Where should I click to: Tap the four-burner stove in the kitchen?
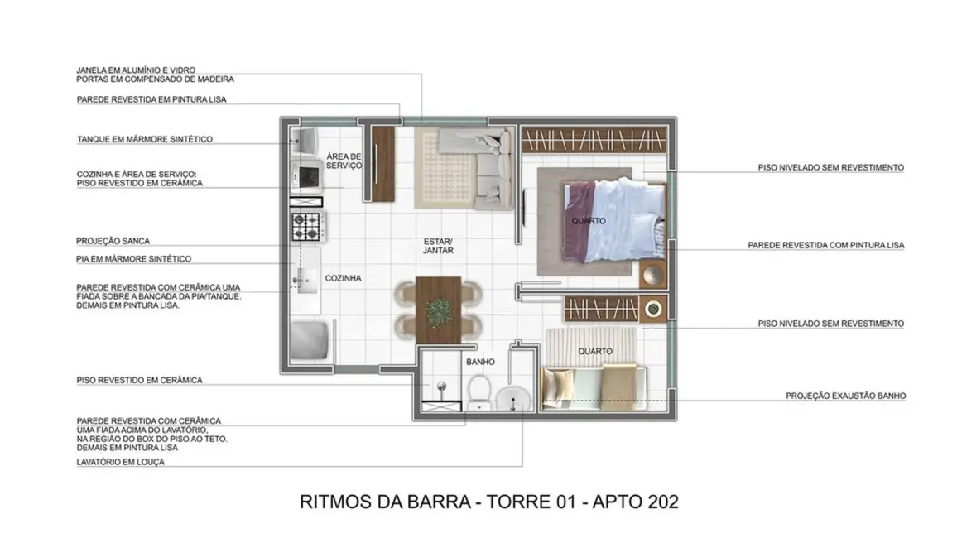[305, 224]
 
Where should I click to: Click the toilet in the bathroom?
[479, 391]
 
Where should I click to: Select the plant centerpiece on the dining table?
[436, 312]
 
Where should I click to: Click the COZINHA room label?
[342, 279]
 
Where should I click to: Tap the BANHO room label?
[480, 362]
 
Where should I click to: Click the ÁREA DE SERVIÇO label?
[344, 161]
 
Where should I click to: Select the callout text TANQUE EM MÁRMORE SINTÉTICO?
[144, 139]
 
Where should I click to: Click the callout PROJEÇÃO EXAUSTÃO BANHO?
[845, 396]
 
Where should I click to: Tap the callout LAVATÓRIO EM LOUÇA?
[120, 462]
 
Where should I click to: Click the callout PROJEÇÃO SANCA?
[113, 241]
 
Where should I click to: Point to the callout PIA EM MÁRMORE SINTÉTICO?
[133, 259]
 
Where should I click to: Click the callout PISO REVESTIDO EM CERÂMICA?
[139, 380]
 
